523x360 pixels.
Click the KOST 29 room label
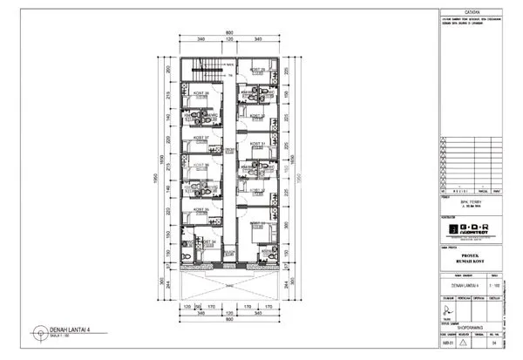258,70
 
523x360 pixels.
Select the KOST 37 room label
200,138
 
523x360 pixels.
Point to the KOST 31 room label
258,143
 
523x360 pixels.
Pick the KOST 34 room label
208,242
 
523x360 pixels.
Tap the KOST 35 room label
200,209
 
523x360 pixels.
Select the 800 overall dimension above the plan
229,33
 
